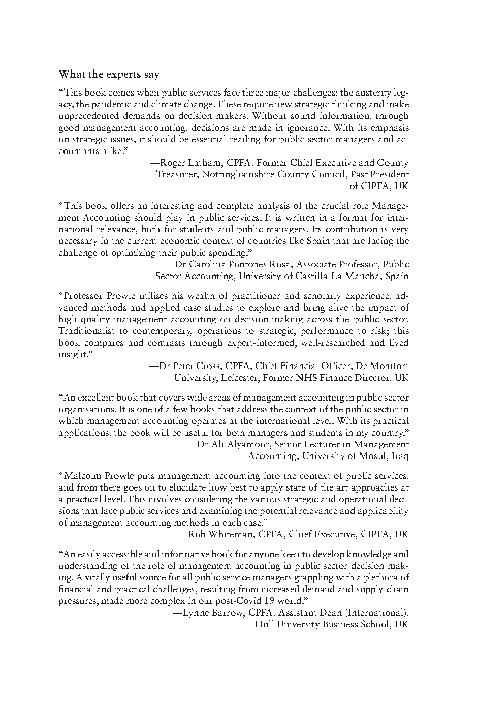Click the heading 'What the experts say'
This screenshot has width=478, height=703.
(x=109, y=74)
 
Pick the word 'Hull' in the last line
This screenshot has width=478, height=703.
(x=264, y=624)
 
